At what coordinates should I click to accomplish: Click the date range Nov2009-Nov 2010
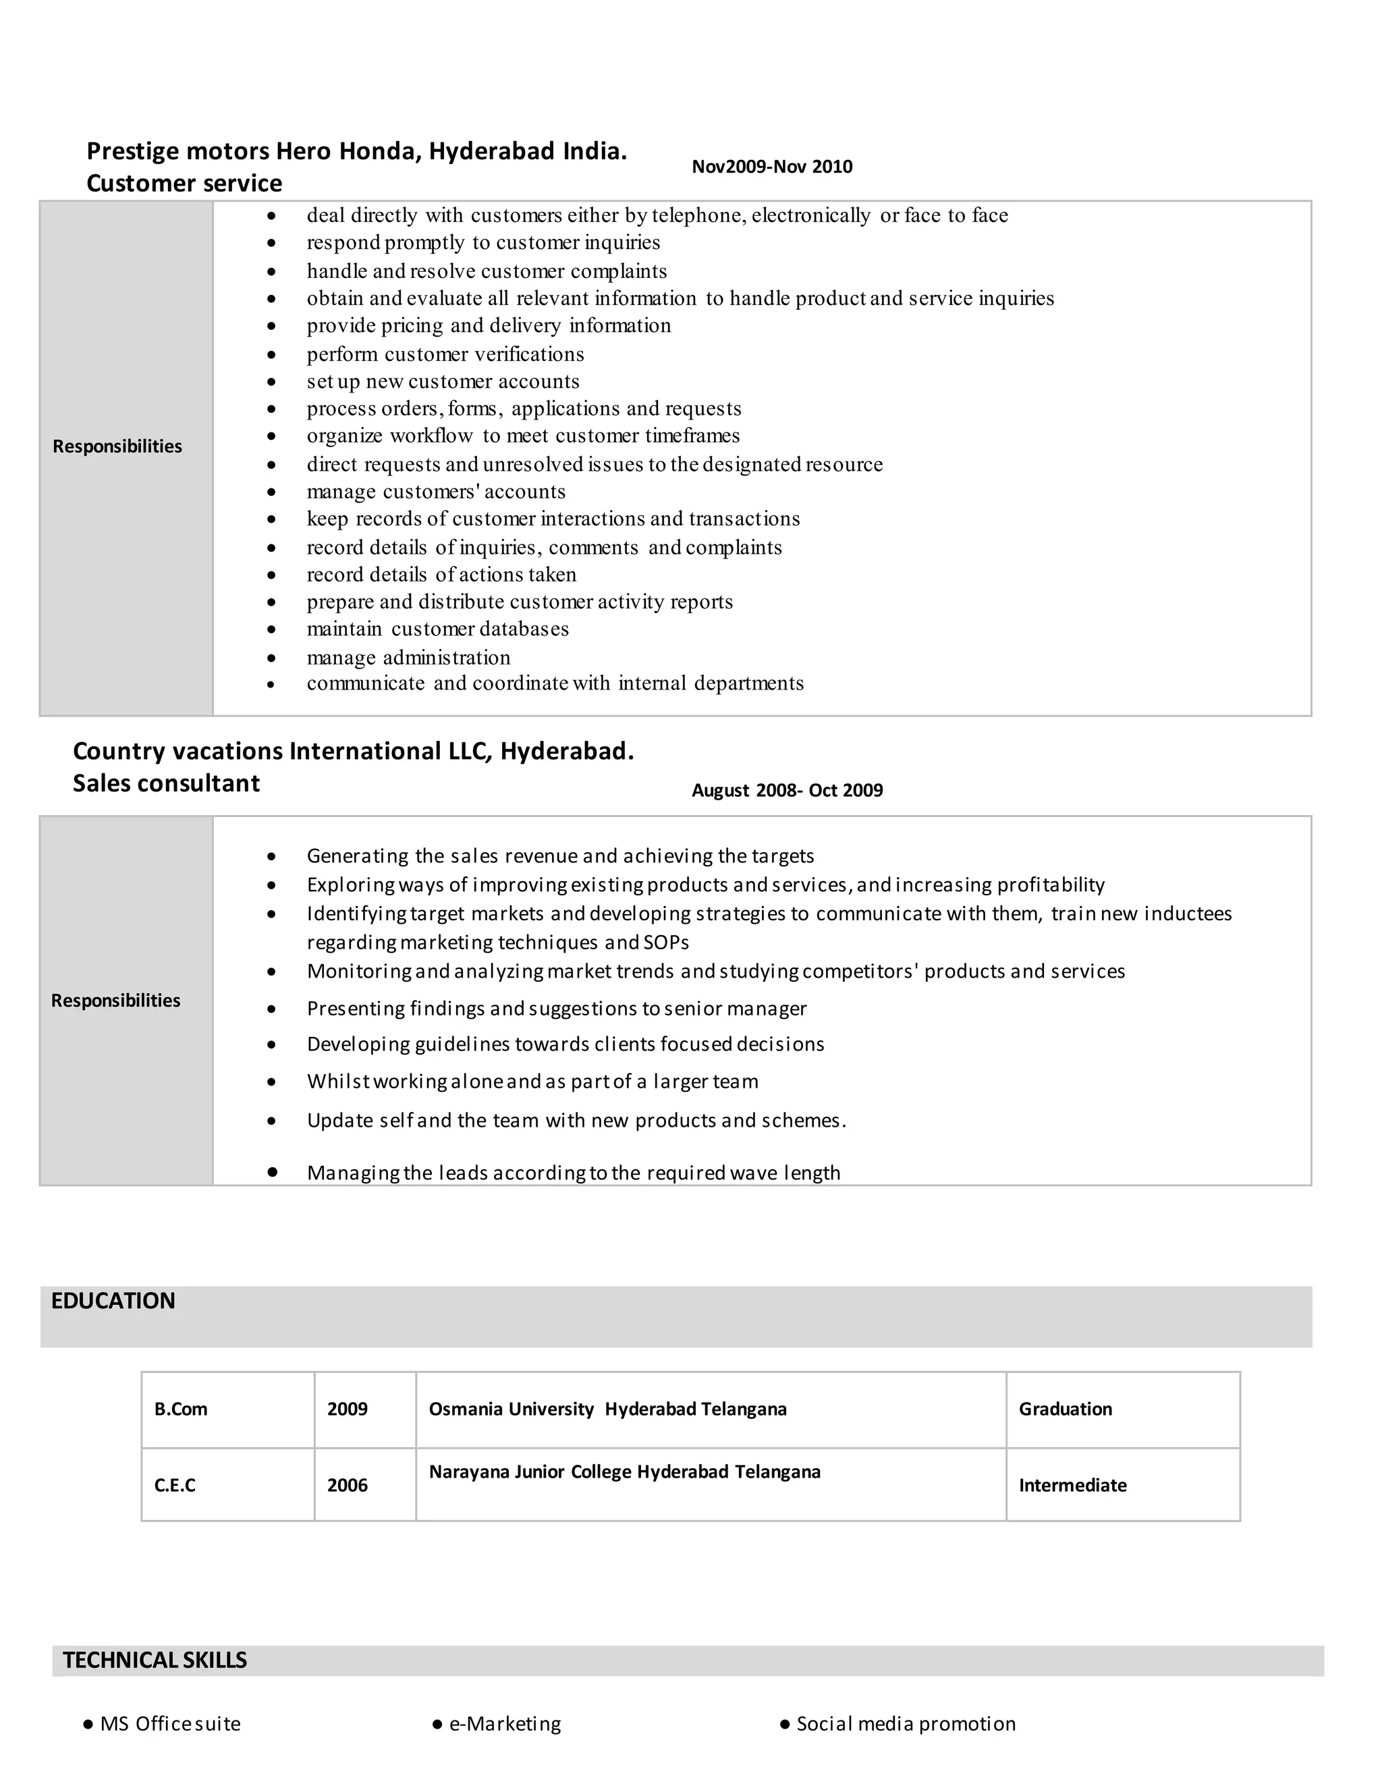(x=771, y=167)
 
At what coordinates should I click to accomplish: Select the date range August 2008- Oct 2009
(x=787, y=790)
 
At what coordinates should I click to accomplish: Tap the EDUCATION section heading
(x=113, y=1301)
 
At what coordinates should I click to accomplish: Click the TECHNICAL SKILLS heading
(x=155, y=1660)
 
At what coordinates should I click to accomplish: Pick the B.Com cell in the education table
(x=181, y=1409)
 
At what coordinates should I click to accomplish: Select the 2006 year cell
(x=347, y=1485)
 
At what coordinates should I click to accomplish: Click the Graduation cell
(x=1065, y=1409)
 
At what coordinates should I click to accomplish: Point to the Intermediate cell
(x=1072, y=1485)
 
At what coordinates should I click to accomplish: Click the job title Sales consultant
(x=166, y=783)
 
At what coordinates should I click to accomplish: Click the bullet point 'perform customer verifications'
(x=445, y=354)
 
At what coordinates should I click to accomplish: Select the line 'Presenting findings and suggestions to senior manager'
(x=557, y=1009)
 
